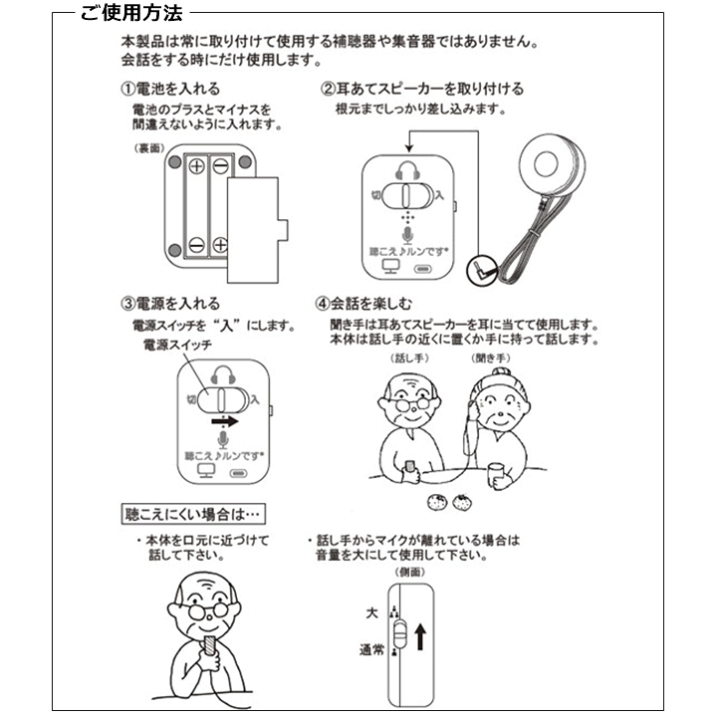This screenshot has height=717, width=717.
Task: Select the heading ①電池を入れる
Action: [178, 89]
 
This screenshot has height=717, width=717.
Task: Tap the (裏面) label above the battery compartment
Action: [146, 147]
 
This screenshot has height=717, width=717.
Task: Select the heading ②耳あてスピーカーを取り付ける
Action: [421, 89]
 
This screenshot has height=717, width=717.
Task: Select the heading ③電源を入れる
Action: [170, 304]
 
